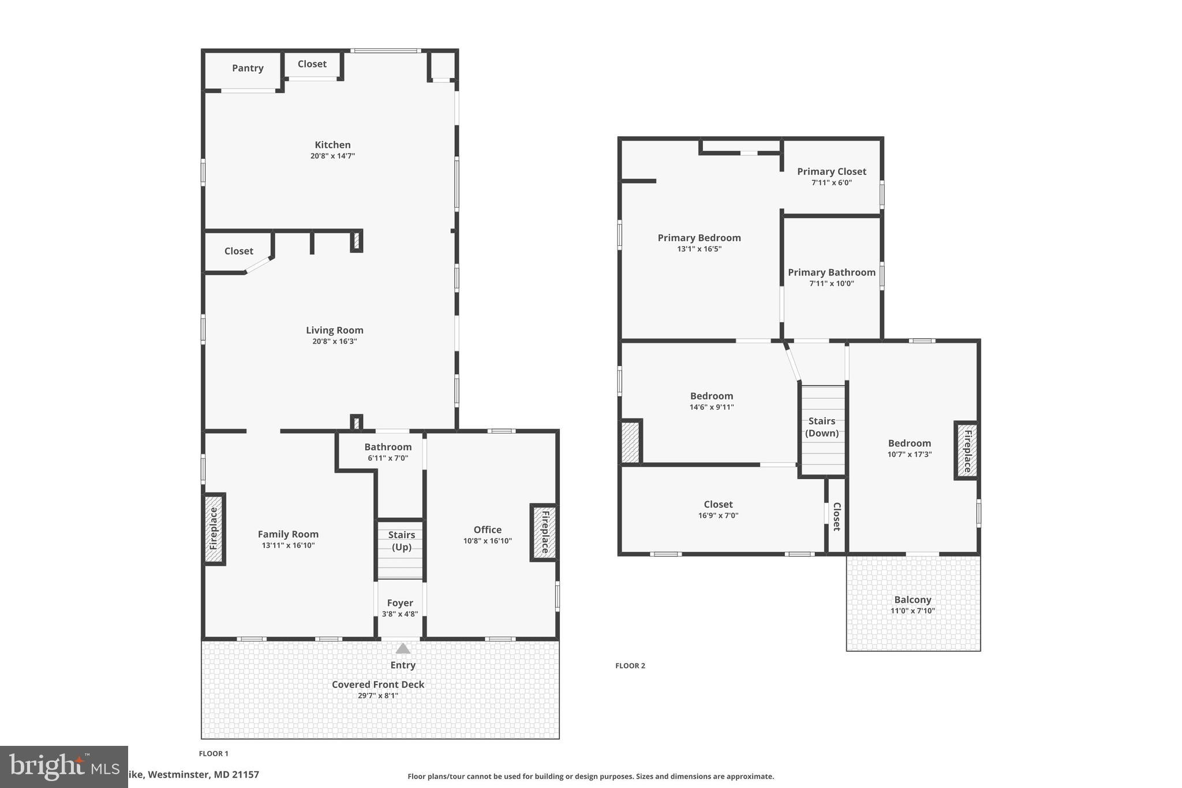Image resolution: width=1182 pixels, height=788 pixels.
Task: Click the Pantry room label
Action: [x=248, y=68]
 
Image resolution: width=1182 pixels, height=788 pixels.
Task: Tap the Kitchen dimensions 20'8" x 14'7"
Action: [x=332, y=156]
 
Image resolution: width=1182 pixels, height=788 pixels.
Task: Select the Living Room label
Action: [x=335, y=330]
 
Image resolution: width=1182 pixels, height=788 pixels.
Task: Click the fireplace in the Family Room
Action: [x=214, y=529]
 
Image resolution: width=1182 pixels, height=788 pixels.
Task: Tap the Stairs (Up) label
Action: [x=401, y=541]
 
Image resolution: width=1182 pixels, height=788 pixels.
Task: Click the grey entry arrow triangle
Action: [x=403, y=648]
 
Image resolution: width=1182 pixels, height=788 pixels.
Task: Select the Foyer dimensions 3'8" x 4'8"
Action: [x=400, y=614]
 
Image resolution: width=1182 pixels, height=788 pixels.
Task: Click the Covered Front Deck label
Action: [x=378, y=685]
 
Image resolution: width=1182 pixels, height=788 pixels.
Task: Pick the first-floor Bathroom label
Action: [x=388, y=447]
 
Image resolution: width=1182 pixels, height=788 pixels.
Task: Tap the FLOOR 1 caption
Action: [x=214, y=753]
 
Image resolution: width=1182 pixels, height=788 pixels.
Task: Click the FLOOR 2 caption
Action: [x=630, y=666]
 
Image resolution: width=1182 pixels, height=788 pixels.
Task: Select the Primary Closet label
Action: [x=832, y=171]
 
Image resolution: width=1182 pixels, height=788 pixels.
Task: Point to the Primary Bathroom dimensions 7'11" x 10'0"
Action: [x=832, y=283]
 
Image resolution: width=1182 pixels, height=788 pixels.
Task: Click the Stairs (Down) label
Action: [x=822, y=427]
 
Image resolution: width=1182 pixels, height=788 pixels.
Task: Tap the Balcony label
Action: [x=912, y=600]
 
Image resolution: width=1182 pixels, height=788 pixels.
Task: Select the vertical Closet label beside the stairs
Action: [x=836, y=516]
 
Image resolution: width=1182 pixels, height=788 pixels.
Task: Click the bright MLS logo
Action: [x=63, y=767]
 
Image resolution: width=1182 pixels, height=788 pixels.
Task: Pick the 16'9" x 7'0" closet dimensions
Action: [x=718, y=516]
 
